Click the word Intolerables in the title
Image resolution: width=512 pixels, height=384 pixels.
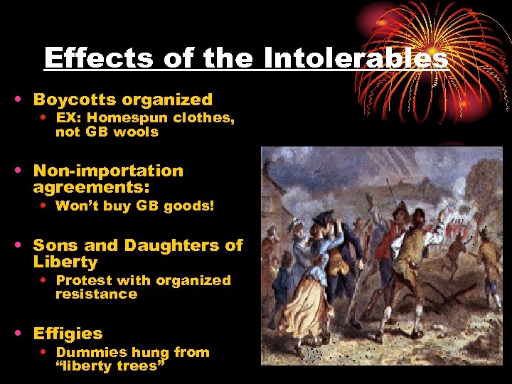click(x=356, y=58)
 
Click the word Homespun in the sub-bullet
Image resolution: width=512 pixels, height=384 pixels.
click(x=124, y=119)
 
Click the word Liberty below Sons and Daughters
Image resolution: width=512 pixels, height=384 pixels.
click(x=65, y=262)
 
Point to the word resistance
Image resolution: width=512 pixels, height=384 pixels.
click(x=96, y=294)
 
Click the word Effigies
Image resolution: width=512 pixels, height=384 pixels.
click(x=68, y=334)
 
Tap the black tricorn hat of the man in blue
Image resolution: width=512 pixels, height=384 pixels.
click(x=324, y=217)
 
